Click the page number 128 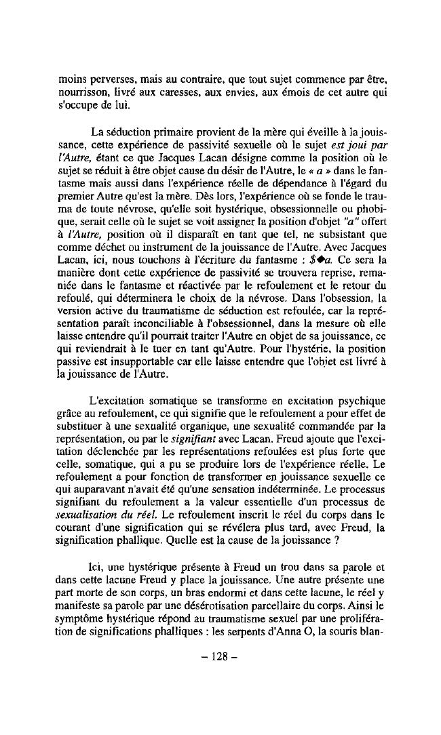click(221, 657)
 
